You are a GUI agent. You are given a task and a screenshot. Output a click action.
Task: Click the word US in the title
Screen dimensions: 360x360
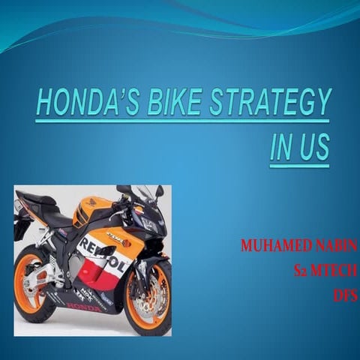[315, 145]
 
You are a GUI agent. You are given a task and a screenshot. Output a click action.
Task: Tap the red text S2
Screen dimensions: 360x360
[303, 270]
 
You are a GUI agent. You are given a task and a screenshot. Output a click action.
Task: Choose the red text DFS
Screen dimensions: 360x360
[344, 295]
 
